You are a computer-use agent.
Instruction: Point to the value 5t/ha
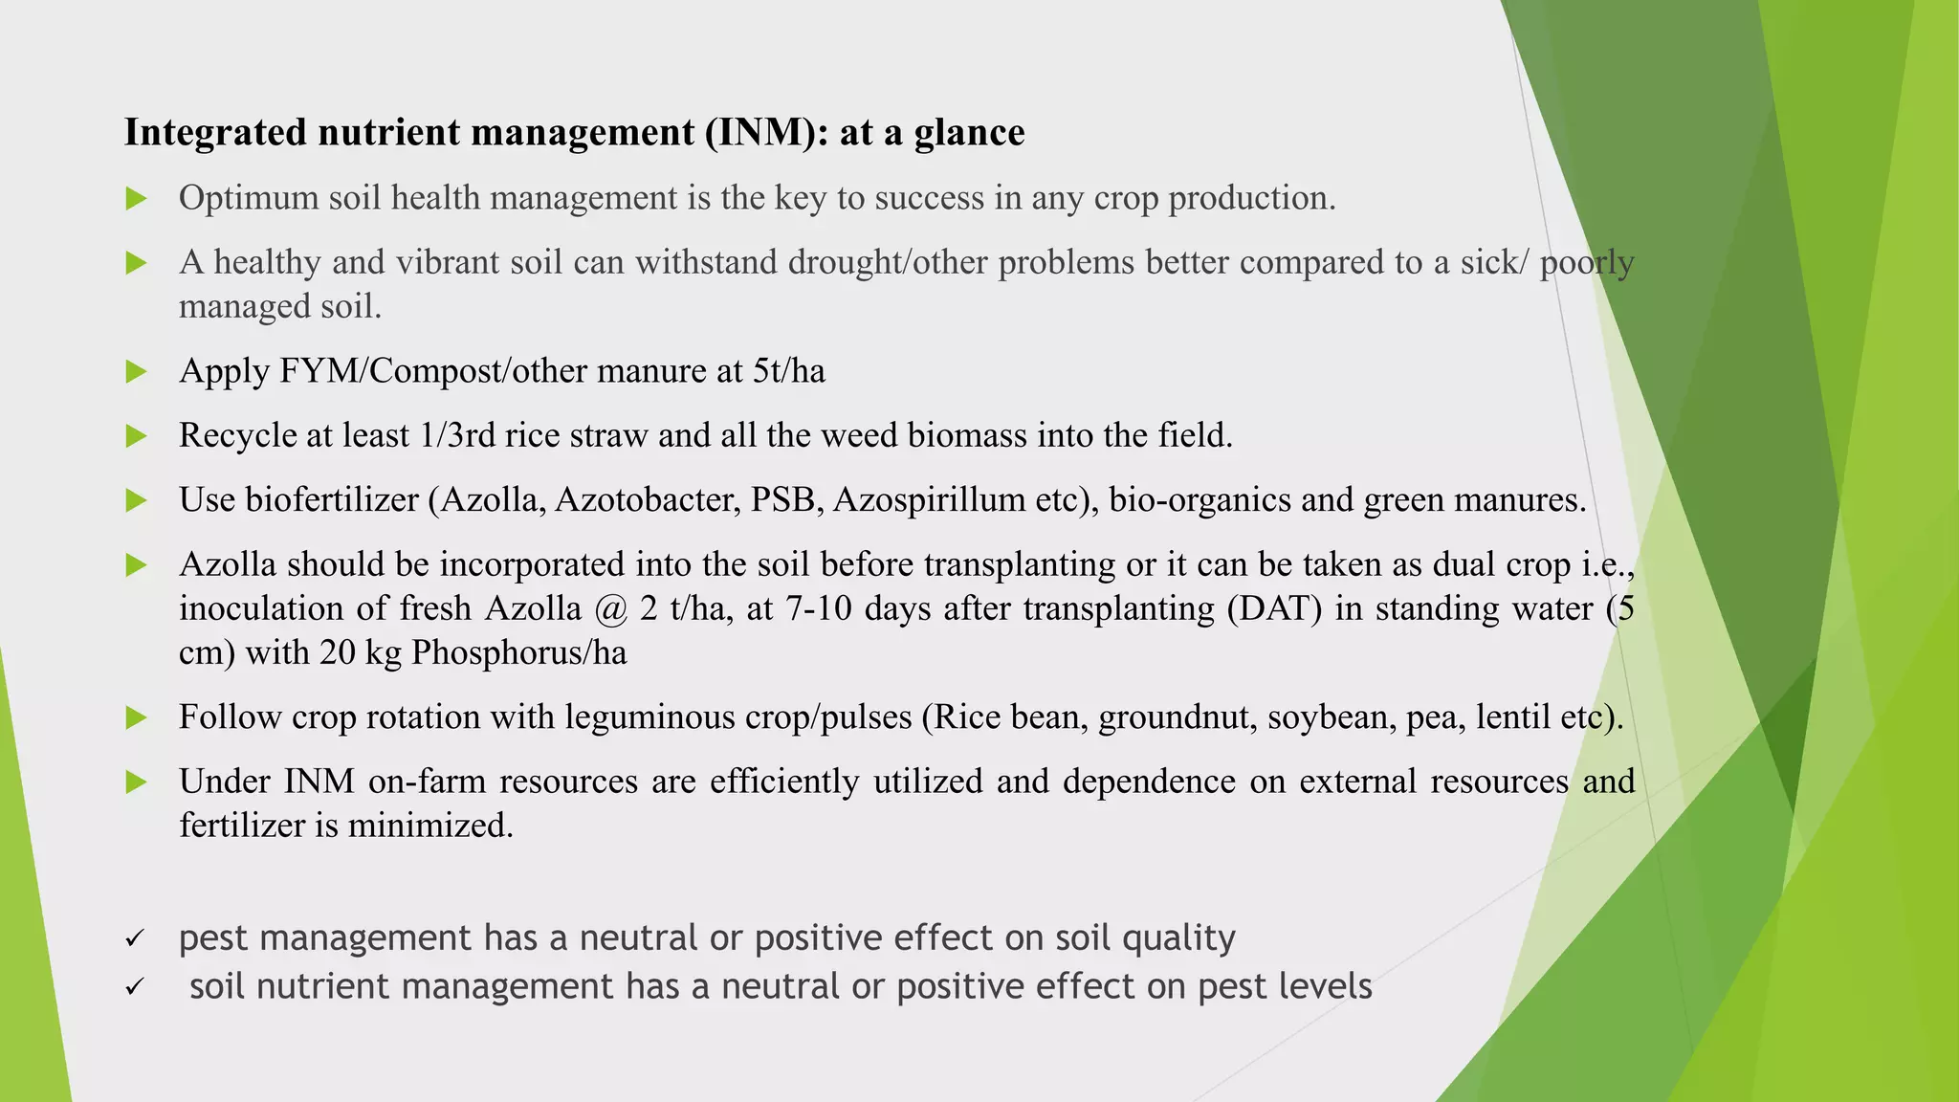[788, 370]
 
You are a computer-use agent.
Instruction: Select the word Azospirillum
[928, 499]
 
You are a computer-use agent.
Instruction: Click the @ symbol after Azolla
[610, 608]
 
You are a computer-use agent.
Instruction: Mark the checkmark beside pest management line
[135, 938]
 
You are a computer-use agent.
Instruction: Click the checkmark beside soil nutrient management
[135, 986]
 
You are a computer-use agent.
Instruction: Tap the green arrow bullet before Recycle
[137, 436]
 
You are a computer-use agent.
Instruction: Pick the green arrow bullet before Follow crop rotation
[137, 717]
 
